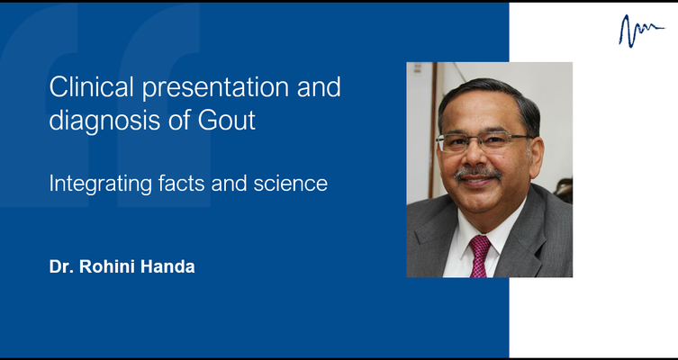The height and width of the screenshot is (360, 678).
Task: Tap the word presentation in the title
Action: [216, 88]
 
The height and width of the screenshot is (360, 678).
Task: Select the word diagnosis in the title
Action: [104, 121]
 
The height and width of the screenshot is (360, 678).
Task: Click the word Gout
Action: [227, 120]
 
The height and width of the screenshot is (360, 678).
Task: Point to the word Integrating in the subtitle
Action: [100, 184]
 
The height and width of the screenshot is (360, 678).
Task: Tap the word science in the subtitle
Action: [290, 184]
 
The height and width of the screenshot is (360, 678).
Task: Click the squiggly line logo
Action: [641, 31]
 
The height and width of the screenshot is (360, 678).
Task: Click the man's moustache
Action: [478, 174]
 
